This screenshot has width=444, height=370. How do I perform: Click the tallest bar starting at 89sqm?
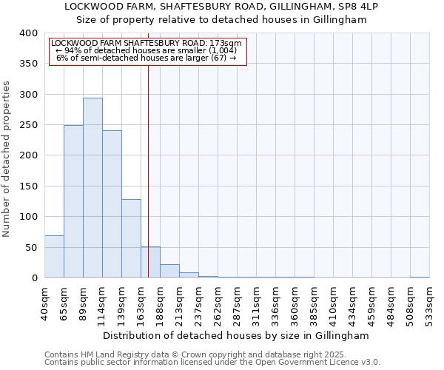pos(92,188)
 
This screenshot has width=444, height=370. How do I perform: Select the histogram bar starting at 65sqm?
pos(73,201)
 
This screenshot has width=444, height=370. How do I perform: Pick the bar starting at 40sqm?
pos(54,257)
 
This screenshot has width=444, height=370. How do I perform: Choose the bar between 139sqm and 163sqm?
pos(131,238)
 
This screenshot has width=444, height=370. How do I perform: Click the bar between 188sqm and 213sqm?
pos(169,271)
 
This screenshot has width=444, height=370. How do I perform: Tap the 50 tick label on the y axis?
pos(31,247)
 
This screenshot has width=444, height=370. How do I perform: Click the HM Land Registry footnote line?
pos(179,354)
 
